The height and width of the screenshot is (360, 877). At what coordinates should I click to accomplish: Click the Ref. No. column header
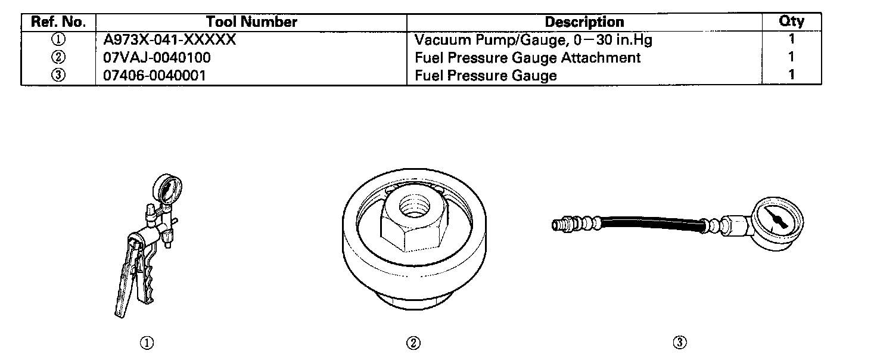pyautogui.click(x=58, y=23)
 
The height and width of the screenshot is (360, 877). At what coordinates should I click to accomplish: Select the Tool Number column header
pyautogui.click(x=251, y=23)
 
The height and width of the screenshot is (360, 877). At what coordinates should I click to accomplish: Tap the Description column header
pyautogui.click(x=584, y=23)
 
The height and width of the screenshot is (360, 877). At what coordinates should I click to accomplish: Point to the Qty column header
pyautogui.click(x=791, y=22)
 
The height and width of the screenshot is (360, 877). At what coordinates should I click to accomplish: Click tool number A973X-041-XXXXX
pyautogui.click(x=170, y=41)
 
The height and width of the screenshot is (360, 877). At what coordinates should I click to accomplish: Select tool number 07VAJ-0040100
pyautogui.click(x=157, y=58)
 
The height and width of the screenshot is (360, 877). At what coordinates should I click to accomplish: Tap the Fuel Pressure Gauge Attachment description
pyautogui.click(x=527, y=58)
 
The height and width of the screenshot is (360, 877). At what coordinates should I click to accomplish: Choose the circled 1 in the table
pyautogui.click(x=58, y=41)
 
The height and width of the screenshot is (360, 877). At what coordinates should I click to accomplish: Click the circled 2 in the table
pyautogui.click(x=58, y=58)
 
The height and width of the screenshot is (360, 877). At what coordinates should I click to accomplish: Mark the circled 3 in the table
pyautogui.click(x=58, y=76)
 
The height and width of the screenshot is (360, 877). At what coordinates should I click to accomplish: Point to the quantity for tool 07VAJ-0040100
pyautogui.click(x=791, y=58)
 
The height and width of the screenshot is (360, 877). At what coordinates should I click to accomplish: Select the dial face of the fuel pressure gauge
pyautogui.click(x=775, y=221)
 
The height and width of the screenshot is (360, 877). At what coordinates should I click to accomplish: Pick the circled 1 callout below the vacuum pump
pyautogui.click(x=147, y=343)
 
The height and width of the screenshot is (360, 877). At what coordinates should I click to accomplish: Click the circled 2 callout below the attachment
pyautogui.click(x=413, y=343)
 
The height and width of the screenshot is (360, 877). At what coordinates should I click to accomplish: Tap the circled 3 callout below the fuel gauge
pyautogui.click(x=680, y=343)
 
